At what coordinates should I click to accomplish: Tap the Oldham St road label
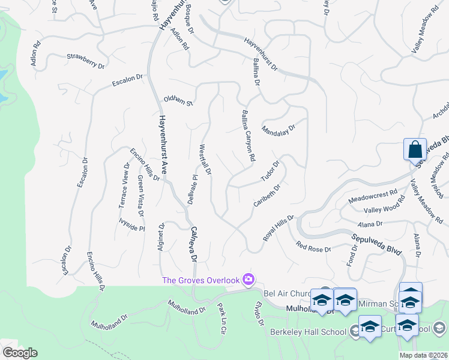[x=178, y=100]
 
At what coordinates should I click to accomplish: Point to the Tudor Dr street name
[x=270, y=171]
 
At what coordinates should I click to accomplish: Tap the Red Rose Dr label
[x=313, y=246]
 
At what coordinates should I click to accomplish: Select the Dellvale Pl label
[x=192, y=190]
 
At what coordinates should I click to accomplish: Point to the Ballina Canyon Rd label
[x=249, y=135]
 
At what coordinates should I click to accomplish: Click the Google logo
[x=19, y=353]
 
